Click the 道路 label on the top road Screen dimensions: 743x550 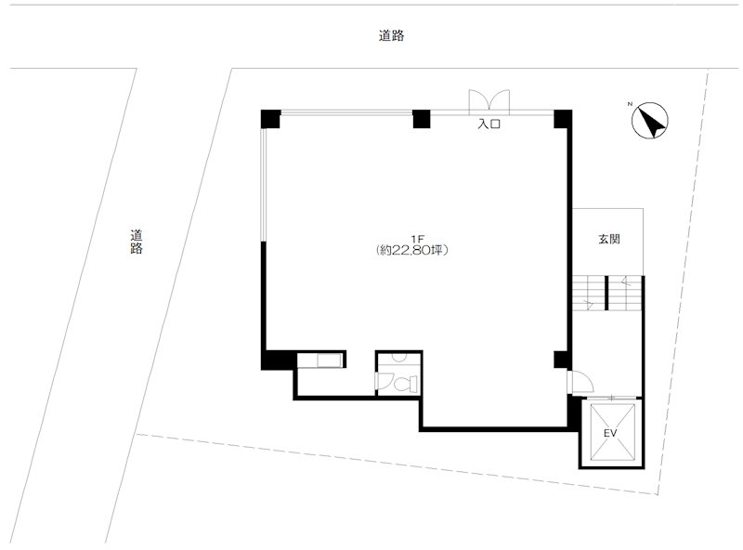(391, 35)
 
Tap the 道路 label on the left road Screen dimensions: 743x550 (137, 242)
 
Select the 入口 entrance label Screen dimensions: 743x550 (489, 124)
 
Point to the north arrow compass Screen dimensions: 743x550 (650, 120)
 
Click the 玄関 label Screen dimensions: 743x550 (609, 239)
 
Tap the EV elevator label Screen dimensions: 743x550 (610, 433)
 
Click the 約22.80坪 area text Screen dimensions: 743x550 (411, 250)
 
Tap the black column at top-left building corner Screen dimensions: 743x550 (270, 119)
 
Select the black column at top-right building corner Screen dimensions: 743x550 (563, 119)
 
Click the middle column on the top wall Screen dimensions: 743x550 (422, 119)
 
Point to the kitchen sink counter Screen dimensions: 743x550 (320, 360)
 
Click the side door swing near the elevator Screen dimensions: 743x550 (581, 382)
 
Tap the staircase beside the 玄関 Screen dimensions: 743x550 (607, 293)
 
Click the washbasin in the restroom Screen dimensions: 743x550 (399, 358)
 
